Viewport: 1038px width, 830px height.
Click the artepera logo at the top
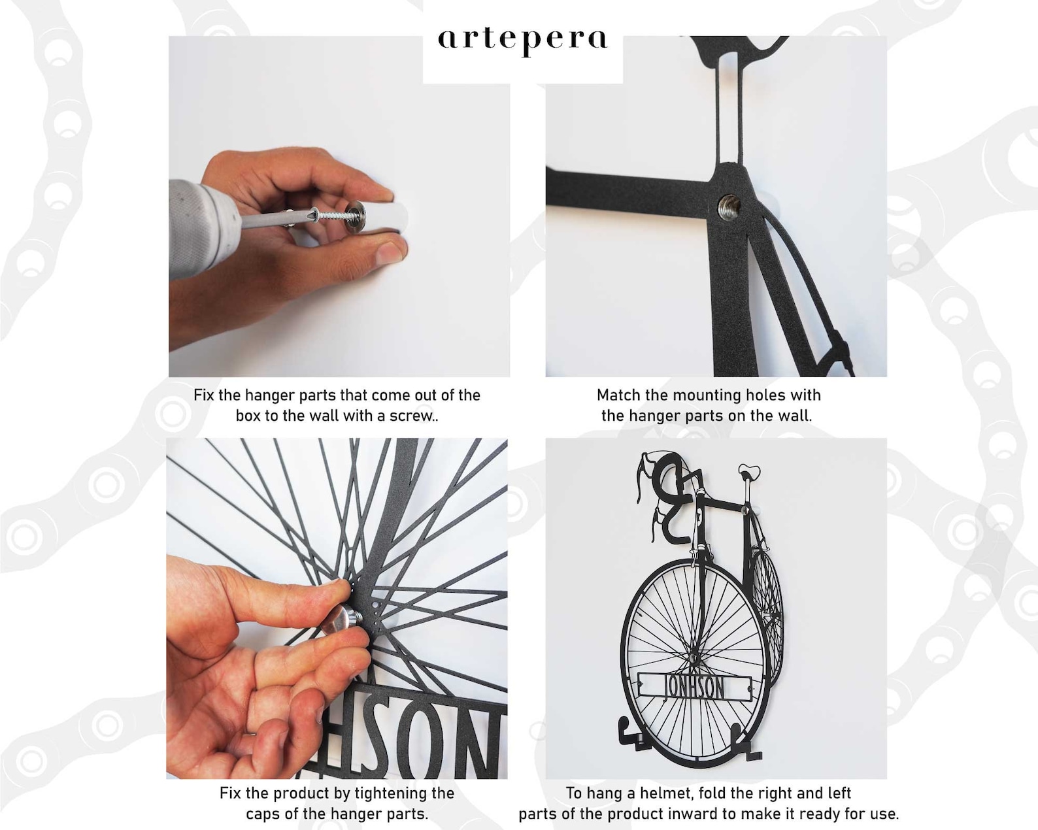522,42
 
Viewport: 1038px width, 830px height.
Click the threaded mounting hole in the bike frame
729,207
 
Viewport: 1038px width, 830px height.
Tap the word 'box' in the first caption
248,416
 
